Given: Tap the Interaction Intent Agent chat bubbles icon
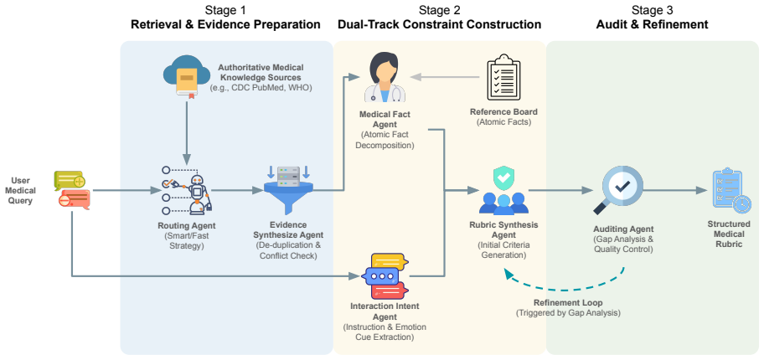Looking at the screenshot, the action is pos(385,275).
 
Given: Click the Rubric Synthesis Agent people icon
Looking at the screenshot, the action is pos(503,191).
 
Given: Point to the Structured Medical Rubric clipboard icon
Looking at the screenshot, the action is pos(728,191).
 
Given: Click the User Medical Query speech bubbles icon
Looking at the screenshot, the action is pos(73,191).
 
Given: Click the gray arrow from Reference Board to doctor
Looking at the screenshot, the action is pos(445,77).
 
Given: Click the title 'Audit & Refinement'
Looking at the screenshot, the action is pos(652,24).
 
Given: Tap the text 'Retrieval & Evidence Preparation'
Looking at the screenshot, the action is pos(225,24).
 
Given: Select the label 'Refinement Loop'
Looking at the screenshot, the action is pos(568,302).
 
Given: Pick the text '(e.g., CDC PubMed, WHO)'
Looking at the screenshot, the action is pos(261,88).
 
